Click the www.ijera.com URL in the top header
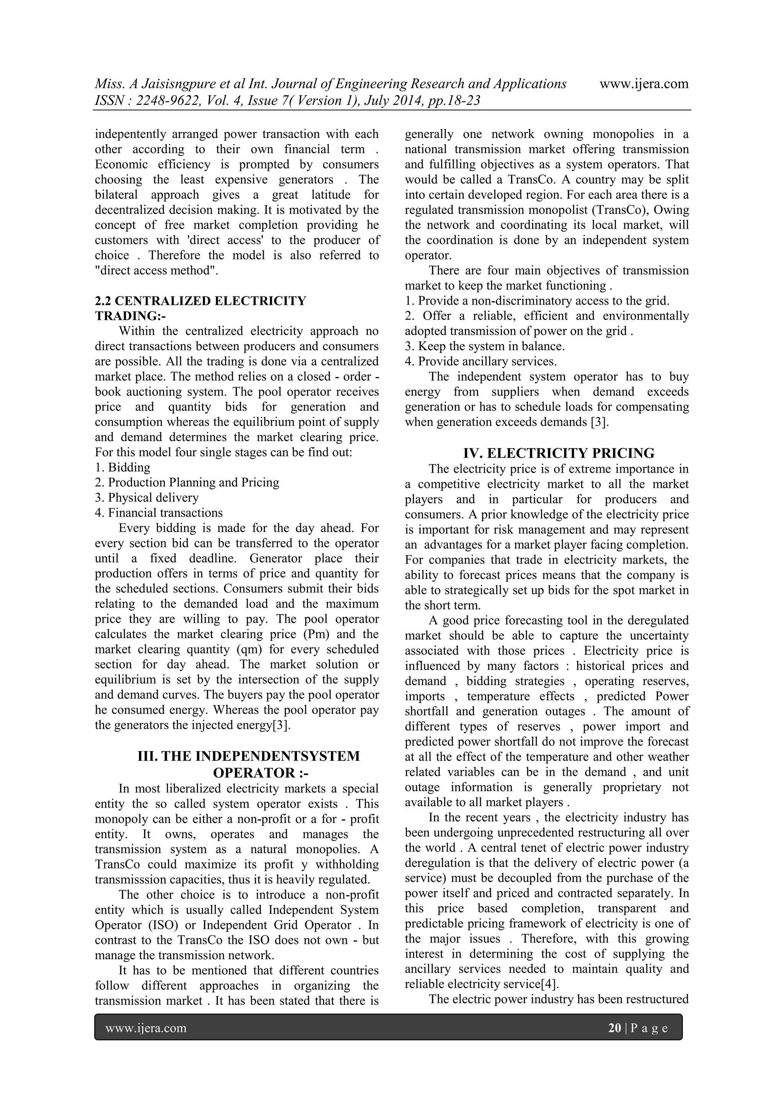coord(644,84)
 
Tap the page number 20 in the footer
coord(614,1028)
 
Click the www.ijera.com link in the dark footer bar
coord(146,1028)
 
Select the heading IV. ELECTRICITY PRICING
coord(559,453)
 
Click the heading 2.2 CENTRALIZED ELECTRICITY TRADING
coord(200,301)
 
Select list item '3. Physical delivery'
coord(147,498)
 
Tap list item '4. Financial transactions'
coord(159,513)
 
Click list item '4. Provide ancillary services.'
coord(481,361)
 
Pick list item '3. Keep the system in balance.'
coord(485,346)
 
